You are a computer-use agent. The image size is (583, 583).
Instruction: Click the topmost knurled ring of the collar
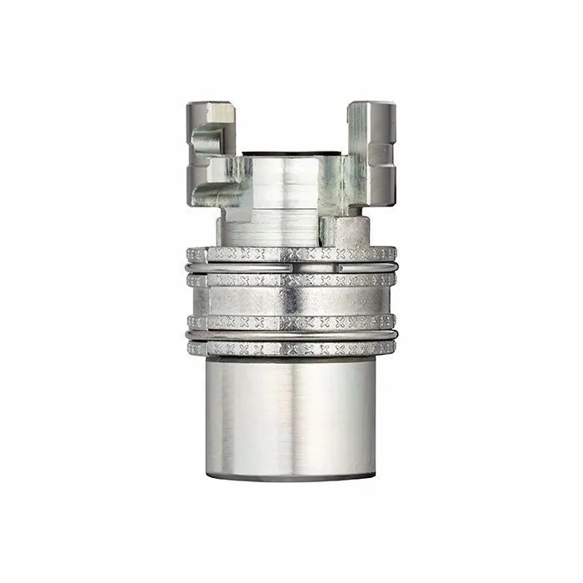[x=291, y=254]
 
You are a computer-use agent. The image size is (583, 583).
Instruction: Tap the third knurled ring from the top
[x=291, y=321]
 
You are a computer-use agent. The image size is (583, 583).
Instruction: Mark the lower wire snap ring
[x=291, y=336]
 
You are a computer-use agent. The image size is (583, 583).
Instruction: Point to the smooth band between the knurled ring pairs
[x=291, y=301]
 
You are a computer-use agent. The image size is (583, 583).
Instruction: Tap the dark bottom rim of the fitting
[x=291, y=477]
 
